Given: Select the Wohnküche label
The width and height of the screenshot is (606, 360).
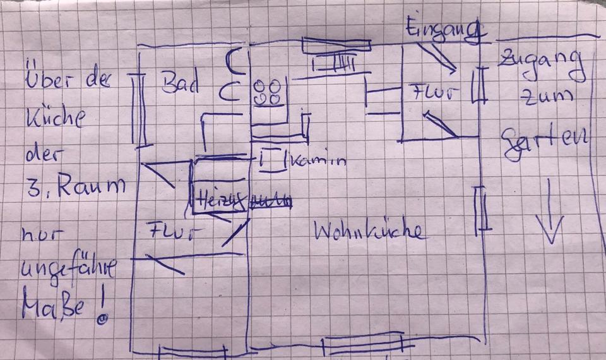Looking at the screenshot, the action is (368, 231).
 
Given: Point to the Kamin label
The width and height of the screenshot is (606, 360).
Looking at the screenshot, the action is (314, 161).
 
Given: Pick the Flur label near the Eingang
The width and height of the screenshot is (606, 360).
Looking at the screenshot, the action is (434, 93).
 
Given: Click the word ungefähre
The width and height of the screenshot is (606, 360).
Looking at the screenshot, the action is (66, 272).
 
